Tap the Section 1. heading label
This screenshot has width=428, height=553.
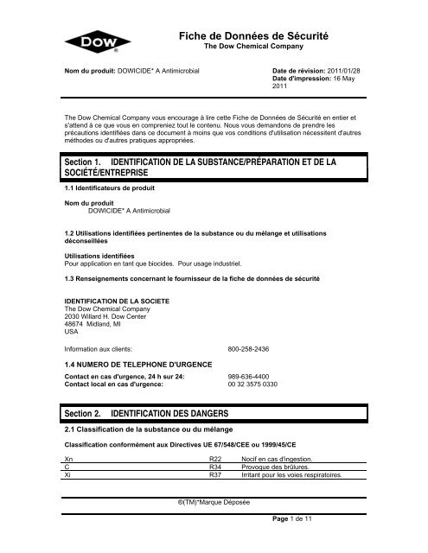click(x=78, y=162)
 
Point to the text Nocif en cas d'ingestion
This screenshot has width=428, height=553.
click(x=278, y=458)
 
